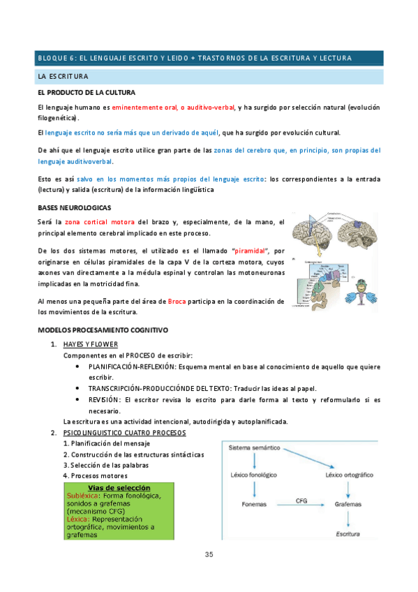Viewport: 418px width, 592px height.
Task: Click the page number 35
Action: click(209, 554)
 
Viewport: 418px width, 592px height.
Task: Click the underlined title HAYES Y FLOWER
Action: click(91, 345)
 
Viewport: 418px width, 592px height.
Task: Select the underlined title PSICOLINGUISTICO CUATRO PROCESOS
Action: click(124, 433)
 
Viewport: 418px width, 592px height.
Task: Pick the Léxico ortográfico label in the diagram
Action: click(354, 475)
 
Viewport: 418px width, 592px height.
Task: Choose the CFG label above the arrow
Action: click(301, 499)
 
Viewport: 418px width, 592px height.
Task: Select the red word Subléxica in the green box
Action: click(82, 495)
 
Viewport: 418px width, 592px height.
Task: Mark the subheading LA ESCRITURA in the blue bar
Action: click(63, 75)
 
